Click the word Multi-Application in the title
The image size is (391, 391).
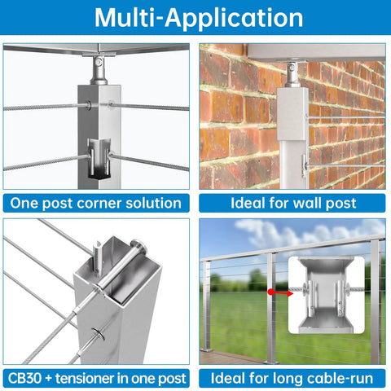[199, 18]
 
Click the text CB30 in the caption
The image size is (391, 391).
[24, 378]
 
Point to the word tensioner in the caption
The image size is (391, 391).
[85, 378]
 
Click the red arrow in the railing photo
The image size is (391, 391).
[280, 292]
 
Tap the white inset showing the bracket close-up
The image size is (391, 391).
[326, 295]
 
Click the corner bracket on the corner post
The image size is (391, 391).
[99, 159]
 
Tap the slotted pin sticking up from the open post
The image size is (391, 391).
[97, 258]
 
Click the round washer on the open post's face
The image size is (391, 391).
[98, 335]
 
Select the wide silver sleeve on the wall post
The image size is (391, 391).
[292, 114]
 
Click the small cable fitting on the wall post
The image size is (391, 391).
[303, 166]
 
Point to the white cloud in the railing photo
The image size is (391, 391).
[307, 233]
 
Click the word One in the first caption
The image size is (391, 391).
[24, 203]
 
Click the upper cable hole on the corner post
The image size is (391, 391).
[89, 105]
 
